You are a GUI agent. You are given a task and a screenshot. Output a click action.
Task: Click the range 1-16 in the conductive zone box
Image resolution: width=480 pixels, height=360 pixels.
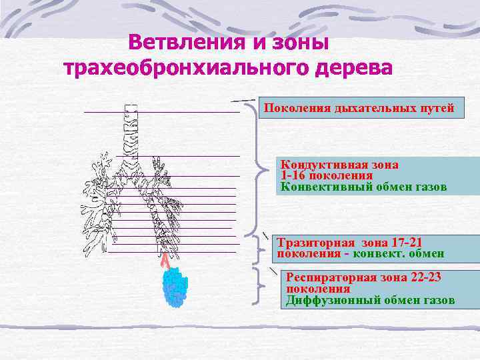point(295,175)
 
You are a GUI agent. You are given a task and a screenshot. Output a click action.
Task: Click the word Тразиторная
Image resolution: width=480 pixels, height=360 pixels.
point(316,243)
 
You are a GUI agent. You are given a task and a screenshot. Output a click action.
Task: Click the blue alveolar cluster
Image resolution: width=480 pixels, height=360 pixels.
point(174,287)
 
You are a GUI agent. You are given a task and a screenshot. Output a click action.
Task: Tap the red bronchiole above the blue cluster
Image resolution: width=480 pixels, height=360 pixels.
point(164,259)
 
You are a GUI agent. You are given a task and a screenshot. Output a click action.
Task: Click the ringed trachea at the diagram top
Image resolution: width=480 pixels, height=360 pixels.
point(130,127)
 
